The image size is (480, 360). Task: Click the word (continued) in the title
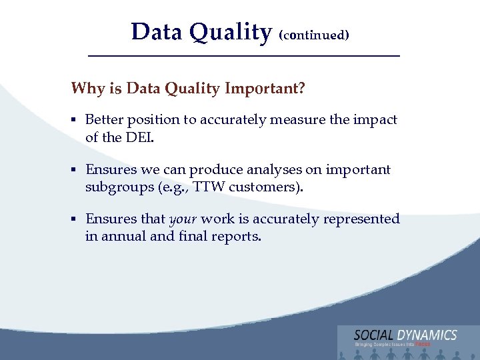313,35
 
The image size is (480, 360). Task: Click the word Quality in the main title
230,32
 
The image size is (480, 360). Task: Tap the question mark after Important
302,89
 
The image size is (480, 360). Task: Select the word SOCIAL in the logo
374,335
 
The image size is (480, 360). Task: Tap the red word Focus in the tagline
423,344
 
